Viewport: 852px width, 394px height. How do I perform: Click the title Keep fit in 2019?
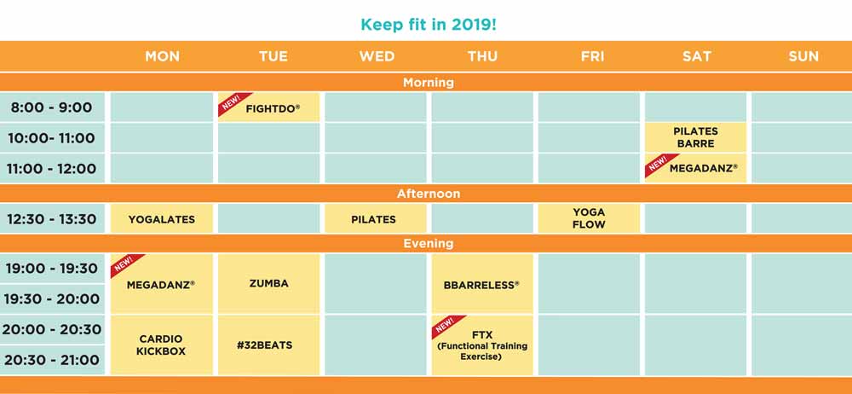coord(429,25)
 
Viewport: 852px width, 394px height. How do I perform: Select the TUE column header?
coord(273,56)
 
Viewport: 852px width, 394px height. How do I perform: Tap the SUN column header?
coord(803,56)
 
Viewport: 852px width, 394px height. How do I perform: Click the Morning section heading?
coord(429,83)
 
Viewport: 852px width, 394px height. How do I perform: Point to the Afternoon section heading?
coord(429,194)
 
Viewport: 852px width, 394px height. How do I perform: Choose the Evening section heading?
coord(429,243)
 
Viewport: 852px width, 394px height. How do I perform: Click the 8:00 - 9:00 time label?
coord(52,107)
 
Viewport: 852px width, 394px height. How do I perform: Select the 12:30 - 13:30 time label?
coord(52,219)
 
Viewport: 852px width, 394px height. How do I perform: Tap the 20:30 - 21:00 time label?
coord(52,360)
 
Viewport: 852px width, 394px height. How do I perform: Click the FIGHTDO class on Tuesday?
coord(269,107)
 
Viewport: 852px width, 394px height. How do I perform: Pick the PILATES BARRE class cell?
coord(695,137)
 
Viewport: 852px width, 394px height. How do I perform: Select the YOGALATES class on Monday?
coord(161,219)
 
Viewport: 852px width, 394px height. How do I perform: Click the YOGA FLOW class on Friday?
coord(589,219)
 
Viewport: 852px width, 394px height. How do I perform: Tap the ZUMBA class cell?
coord(269,283)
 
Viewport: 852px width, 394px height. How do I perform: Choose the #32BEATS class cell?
coord(269,345)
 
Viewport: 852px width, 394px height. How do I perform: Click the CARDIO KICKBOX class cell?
coord(161,345)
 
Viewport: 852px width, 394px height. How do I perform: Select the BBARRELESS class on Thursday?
coord(482,283)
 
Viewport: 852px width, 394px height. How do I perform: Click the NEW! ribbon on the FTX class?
coord(447,326)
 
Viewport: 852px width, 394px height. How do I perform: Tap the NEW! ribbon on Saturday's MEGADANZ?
coord(660,165)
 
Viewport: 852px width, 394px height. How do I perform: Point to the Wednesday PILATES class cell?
coord(376,219)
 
